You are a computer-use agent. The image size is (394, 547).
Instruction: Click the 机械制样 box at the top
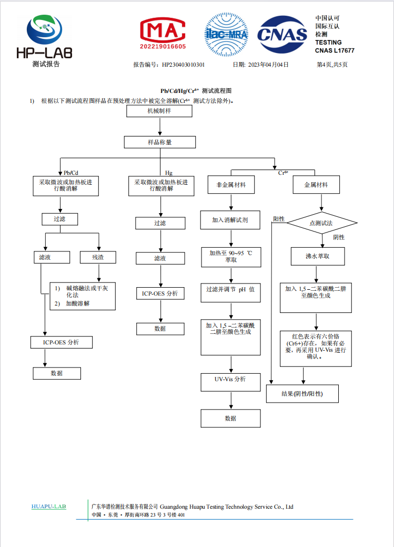point(159,111)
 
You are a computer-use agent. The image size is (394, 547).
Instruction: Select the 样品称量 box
point(160,142)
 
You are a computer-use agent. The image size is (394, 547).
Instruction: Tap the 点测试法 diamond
point(322,223)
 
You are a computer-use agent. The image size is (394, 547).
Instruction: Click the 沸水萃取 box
point(318,256)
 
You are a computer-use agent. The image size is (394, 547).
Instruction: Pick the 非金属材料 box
point(231,185)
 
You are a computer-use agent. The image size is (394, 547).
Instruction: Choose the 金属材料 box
point(316,185)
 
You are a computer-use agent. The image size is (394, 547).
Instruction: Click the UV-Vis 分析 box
point(231,382)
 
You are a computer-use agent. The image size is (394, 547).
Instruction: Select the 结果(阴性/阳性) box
point(302,394)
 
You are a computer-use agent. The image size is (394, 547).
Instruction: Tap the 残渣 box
point(98,257)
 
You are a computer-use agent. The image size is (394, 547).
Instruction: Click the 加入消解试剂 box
point(230,220)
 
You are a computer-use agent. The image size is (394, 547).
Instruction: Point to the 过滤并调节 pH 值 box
point(231,293)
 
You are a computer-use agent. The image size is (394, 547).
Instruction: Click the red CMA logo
point(163,34)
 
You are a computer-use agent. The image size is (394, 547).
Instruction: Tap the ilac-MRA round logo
point(227,35)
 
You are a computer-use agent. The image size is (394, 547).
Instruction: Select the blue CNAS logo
point(282,35)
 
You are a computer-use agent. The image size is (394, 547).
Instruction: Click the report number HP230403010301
point(183,65)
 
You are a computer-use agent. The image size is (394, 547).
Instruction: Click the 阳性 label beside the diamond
point(279,219)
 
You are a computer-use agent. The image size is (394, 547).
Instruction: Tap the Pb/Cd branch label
point(71,173)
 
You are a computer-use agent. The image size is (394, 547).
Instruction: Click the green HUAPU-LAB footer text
point(48,507)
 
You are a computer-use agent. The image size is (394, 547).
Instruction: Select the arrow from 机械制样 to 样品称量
point(160,127)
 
